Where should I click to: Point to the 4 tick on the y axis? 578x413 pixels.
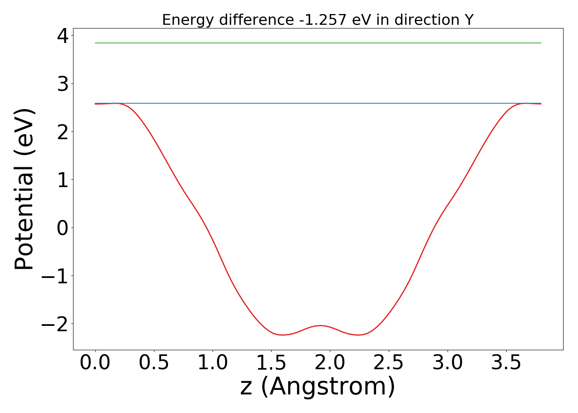63,36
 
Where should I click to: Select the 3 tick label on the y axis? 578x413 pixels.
63,84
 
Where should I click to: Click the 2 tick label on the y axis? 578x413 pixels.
63,132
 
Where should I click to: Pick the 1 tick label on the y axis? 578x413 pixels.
63,180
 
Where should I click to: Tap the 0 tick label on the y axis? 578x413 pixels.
63,228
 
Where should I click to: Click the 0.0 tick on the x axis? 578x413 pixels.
95,363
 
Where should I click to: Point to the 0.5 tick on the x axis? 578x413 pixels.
154,363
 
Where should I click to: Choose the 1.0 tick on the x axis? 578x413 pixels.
213,363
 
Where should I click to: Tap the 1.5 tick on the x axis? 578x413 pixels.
271,363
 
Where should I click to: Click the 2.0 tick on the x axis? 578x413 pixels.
330,363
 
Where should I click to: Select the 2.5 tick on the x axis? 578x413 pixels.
388,363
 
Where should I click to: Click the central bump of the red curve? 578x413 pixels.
320,325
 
